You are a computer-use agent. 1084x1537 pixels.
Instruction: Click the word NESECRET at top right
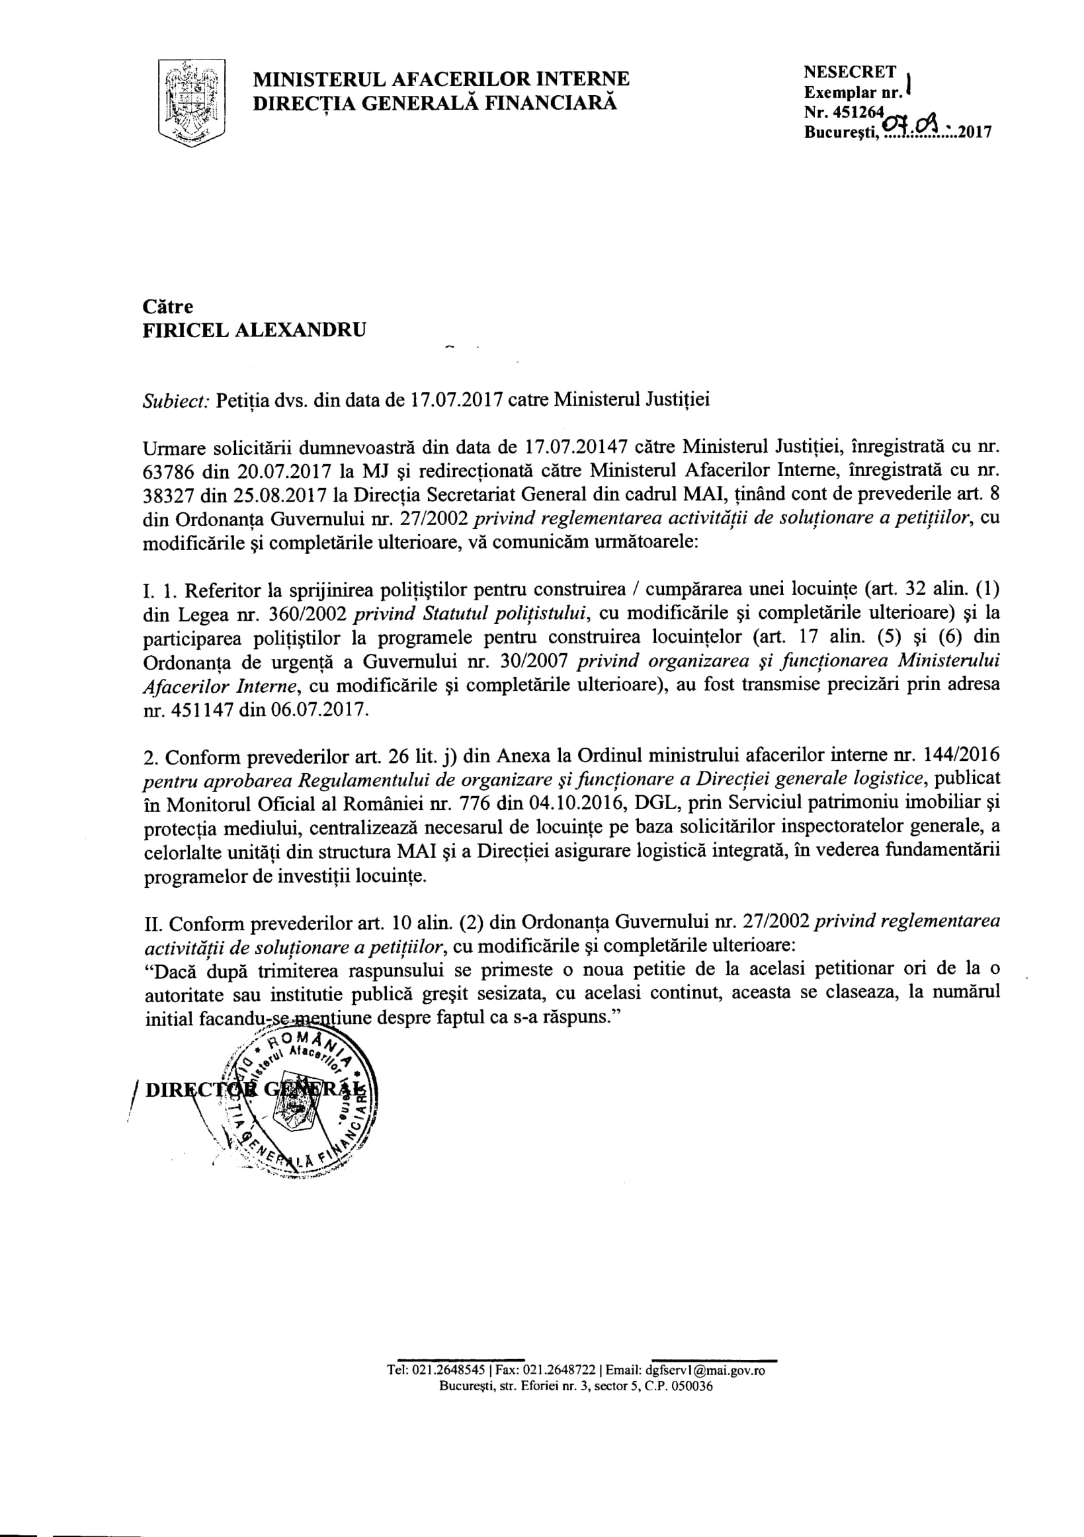(850, 72)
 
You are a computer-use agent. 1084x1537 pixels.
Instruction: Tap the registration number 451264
(860, 112)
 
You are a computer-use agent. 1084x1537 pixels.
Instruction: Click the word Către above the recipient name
(167, 307)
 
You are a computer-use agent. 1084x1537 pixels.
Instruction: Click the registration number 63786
(169, 471)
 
